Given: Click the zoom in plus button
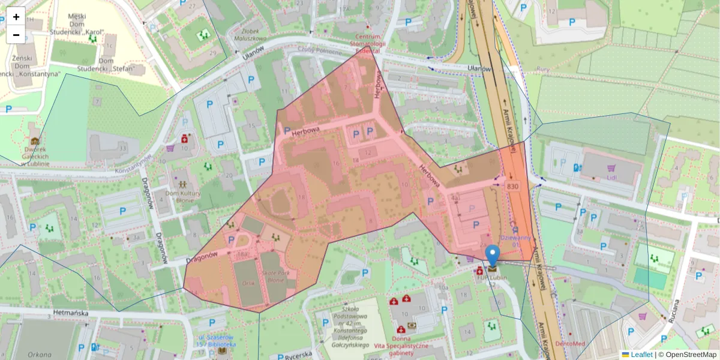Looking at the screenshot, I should coord(16,17).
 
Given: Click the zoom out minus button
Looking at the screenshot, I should coord(16,35).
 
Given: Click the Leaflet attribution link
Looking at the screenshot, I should coord(641,355).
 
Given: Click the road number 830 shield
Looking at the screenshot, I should coord(512,187).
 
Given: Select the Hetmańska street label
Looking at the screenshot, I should coord(71,313).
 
